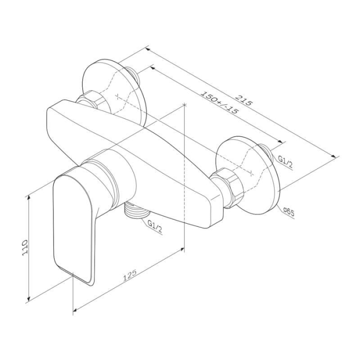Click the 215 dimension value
tap(244, 99)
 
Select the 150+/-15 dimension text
tap(219, 103)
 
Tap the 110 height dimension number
tap(25, 247)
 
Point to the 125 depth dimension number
tap(130, 275)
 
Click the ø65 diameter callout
tap(289, 212)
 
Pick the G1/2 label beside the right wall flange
tap(285, 161)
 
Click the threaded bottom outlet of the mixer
tap(136, 211)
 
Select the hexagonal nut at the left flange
tap(92, 100)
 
